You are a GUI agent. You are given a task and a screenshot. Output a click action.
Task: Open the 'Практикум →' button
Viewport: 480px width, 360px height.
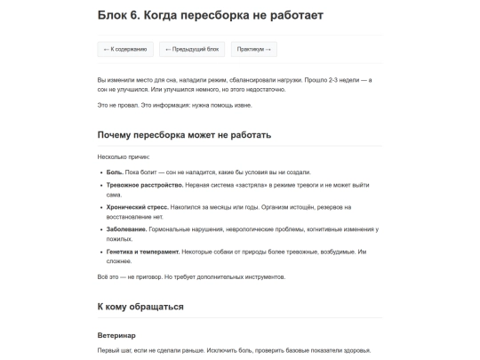click(x=254, y=49)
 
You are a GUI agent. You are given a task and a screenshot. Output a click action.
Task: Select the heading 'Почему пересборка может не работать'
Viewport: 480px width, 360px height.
click(x=184, y=135)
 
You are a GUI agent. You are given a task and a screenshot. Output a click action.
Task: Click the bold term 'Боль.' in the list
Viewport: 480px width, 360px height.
click(x=115, y=172)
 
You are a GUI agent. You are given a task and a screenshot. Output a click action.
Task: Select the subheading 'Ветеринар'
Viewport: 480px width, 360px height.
click(x=116, y=335)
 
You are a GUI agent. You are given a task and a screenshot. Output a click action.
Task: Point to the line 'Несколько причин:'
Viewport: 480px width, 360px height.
click(x=124, y=156)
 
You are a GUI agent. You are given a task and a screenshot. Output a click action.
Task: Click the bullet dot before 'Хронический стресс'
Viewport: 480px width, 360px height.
click(x=100, y=207)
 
